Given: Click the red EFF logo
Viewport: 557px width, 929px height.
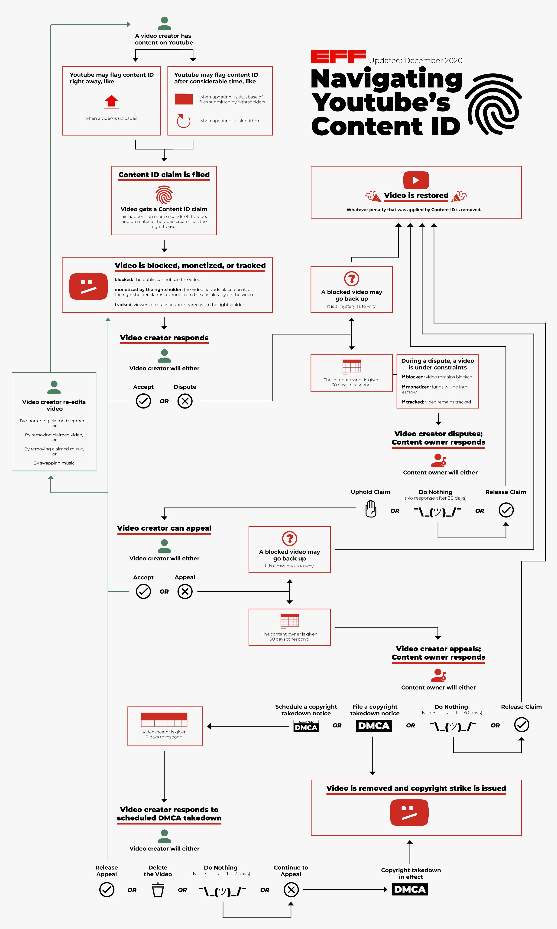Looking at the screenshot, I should (338, 56).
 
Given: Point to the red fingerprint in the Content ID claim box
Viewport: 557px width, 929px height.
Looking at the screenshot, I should (164, 195).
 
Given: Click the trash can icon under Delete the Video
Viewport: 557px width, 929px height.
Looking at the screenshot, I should (158, 890).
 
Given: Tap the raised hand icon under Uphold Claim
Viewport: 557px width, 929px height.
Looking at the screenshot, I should (371, 510).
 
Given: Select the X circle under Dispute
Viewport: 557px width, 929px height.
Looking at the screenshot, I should (185, 401).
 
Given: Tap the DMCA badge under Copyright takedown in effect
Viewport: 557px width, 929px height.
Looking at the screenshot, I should (410, 889).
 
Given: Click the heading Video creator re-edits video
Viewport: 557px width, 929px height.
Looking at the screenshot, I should (54, 405).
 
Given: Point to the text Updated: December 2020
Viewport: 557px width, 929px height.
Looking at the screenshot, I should (415, 60).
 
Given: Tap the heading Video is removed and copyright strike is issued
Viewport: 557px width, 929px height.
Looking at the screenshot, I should (416, 788).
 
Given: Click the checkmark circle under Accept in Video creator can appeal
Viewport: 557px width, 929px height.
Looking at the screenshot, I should (143, 591).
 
